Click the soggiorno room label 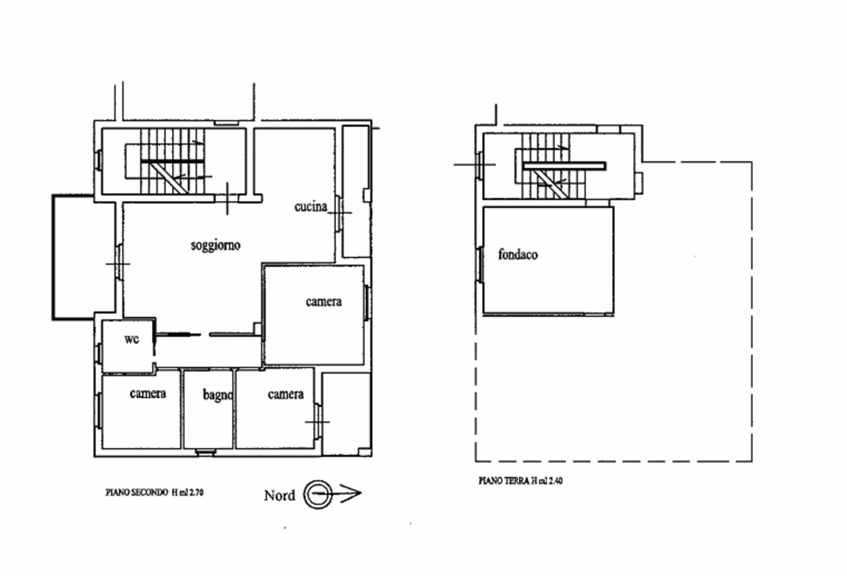click(x=216, y=246)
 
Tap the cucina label click(x=311, y=206)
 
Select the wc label click(x=132, y=339)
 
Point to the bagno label click(x=218, y=395)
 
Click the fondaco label click(x=518, y=255)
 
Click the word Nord click(x=280, y=495)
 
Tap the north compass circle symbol click(x=318, y=494)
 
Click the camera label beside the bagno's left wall click(x=148, y=394)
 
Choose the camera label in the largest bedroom click(x=324, y=301)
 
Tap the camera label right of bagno click(x=285, y=395)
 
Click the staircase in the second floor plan click(x=173, y=161)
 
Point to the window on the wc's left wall click(x=98, y=354)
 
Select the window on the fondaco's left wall click(x=480, y=265)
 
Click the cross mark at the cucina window click(x=340, y=213)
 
